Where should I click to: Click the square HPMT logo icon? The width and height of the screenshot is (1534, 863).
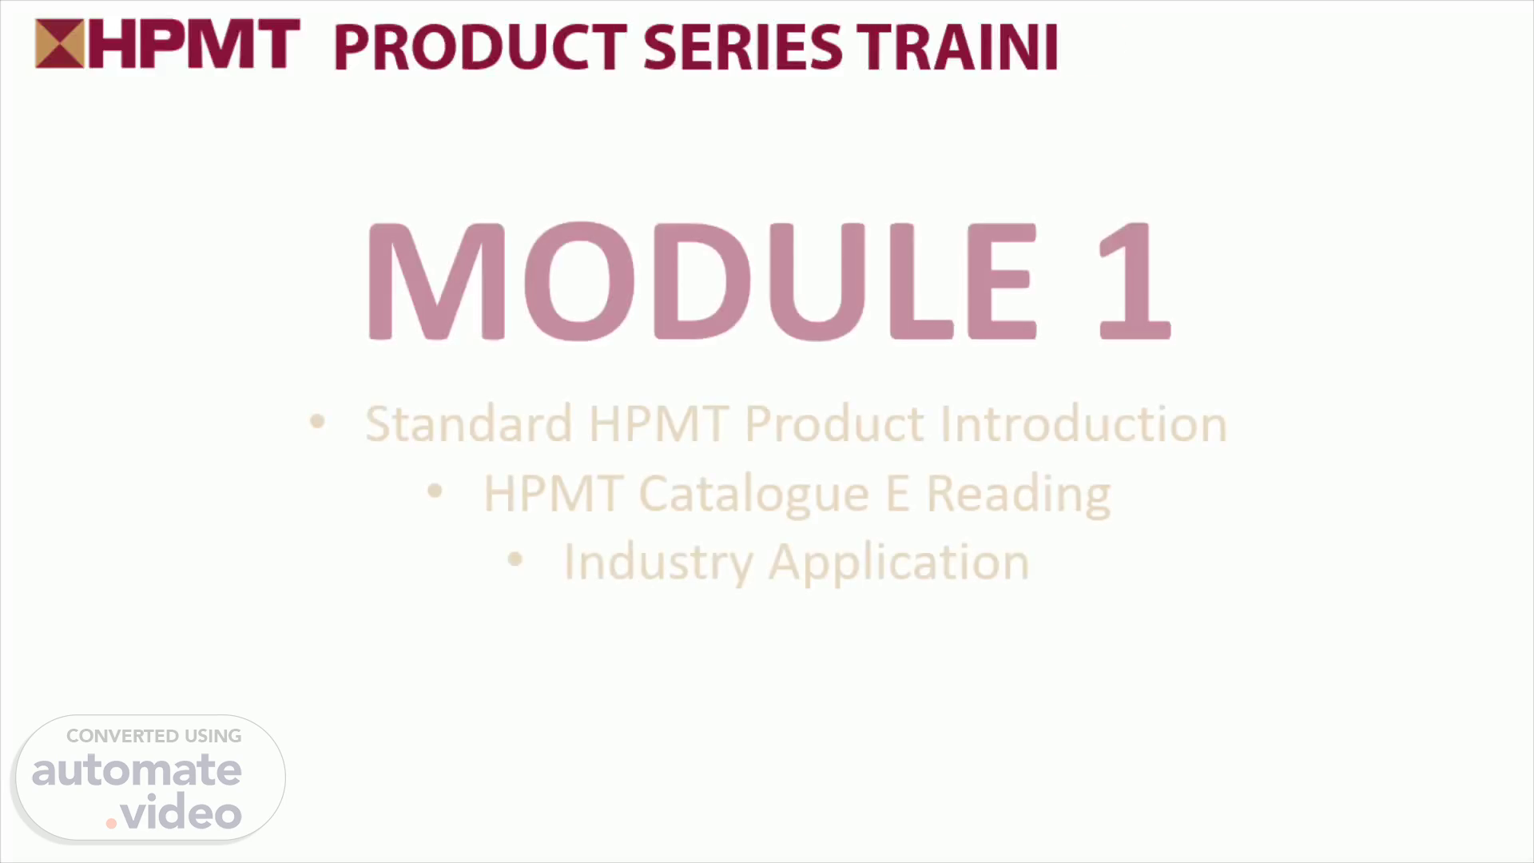[59, 44]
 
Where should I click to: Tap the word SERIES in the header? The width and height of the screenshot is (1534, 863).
[742, 47]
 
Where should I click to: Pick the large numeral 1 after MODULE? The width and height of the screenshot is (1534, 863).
[1135, 280]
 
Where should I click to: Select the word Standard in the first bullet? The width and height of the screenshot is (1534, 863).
[469, 423]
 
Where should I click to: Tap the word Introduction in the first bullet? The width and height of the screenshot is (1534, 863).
[1083, 423]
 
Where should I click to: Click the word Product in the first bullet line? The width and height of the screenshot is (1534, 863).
[835, 423]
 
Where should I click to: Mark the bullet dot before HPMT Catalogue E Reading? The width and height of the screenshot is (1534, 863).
[435, 491]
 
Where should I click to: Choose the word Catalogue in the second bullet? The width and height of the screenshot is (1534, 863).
[753, 494]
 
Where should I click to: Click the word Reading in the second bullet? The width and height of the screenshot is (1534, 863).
[1019, 494]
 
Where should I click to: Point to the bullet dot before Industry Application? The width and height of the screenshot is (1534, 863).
[515, 559]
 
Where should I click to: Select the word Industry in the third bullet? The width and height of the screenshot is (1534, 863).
[658, 563]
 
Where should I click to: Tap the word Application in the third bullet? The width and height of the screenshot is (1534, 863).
[900, 563]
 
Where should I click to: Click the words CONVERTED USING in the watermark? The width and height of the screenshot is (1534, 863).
[154, 736]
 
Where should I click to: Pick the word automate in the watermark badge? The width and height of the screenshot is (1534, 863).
[137, 770]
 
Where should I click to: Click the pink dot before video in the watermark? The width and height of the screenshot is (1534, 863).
[111, 823]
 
